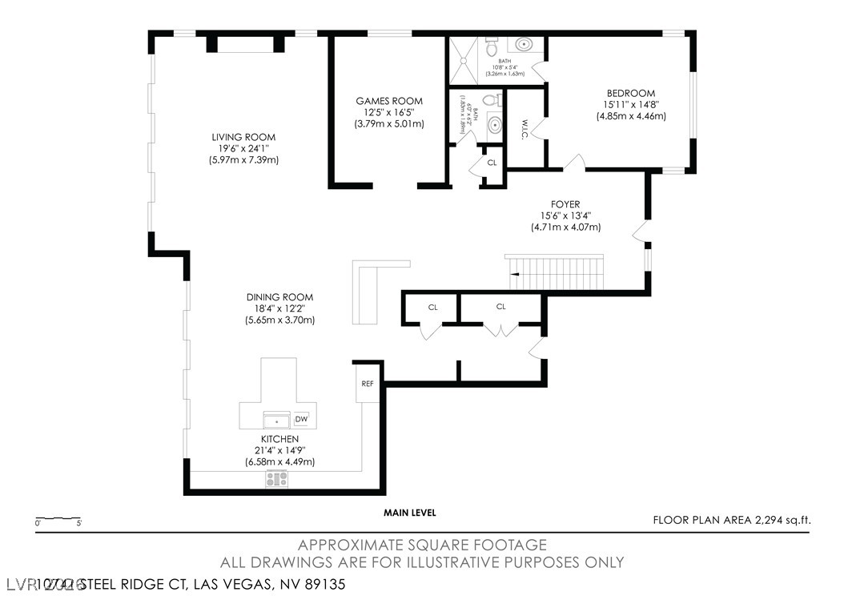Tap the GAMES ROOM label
(389, 101)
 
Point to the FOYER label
(565, 204)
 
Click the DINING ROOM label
(279, 296)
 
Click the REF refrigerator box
(368, 384)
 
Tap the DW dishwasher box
(301, 420)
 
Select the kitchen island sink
(276, 420)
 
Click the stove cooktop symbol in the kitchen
(277, 479)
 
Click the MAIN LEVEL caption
(409, 513)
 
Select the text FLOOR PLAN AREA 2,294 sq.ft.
(731, 520)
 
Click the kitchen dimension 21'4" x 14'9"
(279, 450)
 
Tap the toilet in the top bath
(492, 47)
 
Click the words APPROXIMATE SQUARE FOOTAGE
(422, 545)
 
